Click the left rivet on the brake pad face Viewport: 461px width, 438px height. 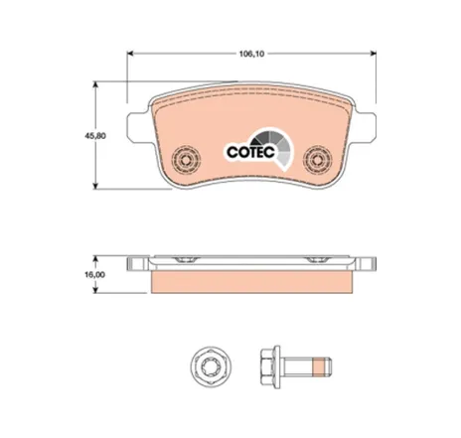tap(183, 158)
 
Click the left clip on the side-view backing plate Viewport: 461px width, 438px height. tap(182, 260)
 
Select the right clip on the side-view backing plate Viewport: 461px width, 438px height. tap(321, 260)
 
